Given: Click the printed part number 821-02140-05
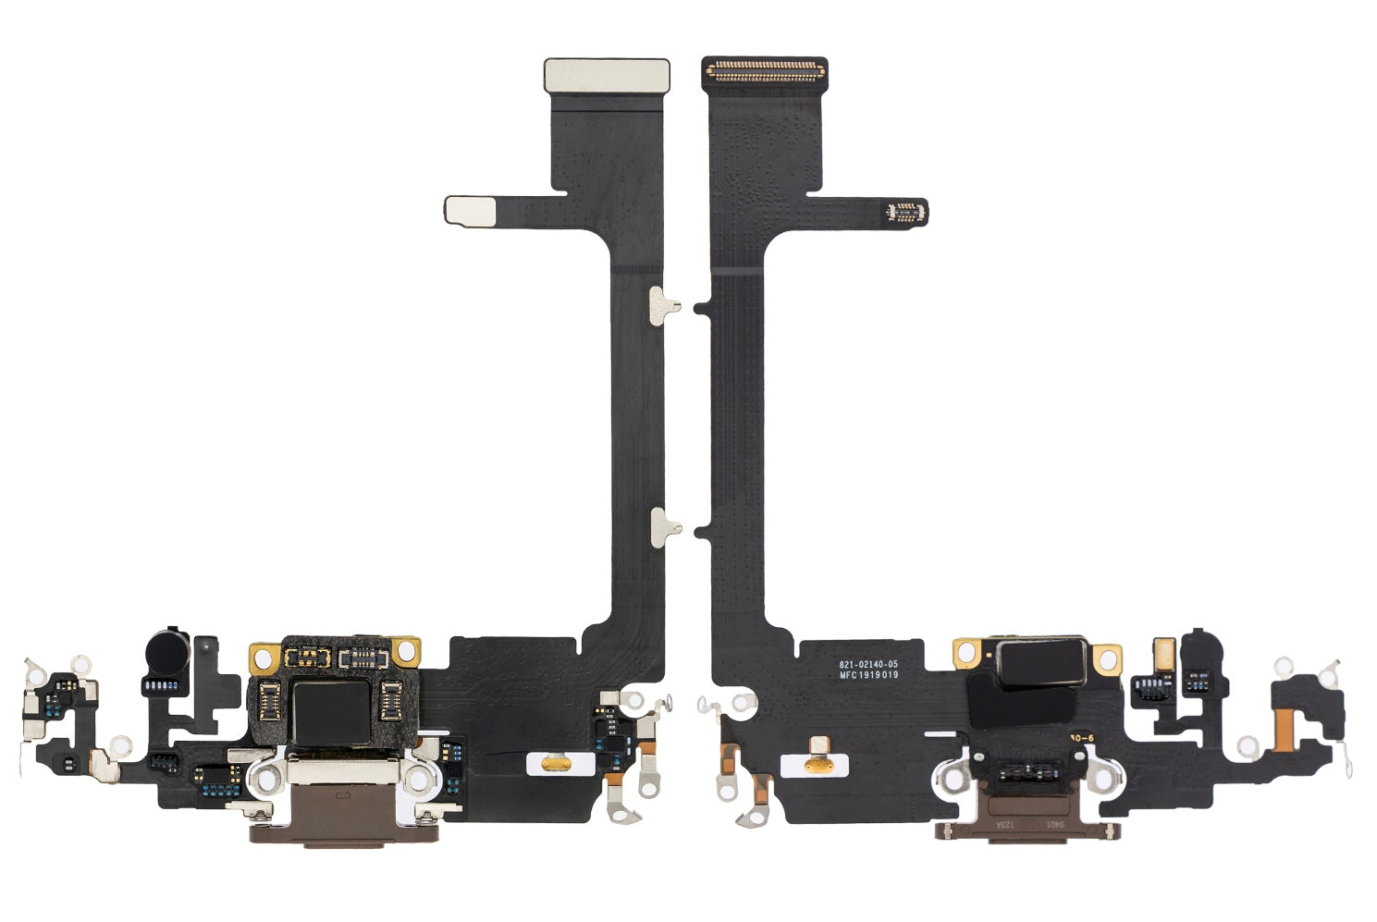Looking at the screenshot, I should [x=867, y=664].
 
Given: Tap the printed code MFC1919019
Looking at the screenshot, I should [x=867, y=675].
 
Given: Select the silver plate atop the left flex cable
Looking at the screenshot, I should [x=606, y=75].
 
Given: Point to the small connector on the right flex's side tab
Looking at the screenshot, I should [x=905, y=211].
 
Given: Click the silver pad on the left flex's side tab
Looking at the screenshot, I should [x=473, y=210].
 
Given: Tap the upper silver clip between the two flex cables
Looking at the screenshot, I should [x=664, y=305].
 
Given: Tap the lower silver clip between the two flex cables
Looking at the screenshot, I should [x=665, y=526].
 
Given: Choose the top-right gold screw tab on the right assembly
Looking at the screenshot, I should [x=1106, y=658].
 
